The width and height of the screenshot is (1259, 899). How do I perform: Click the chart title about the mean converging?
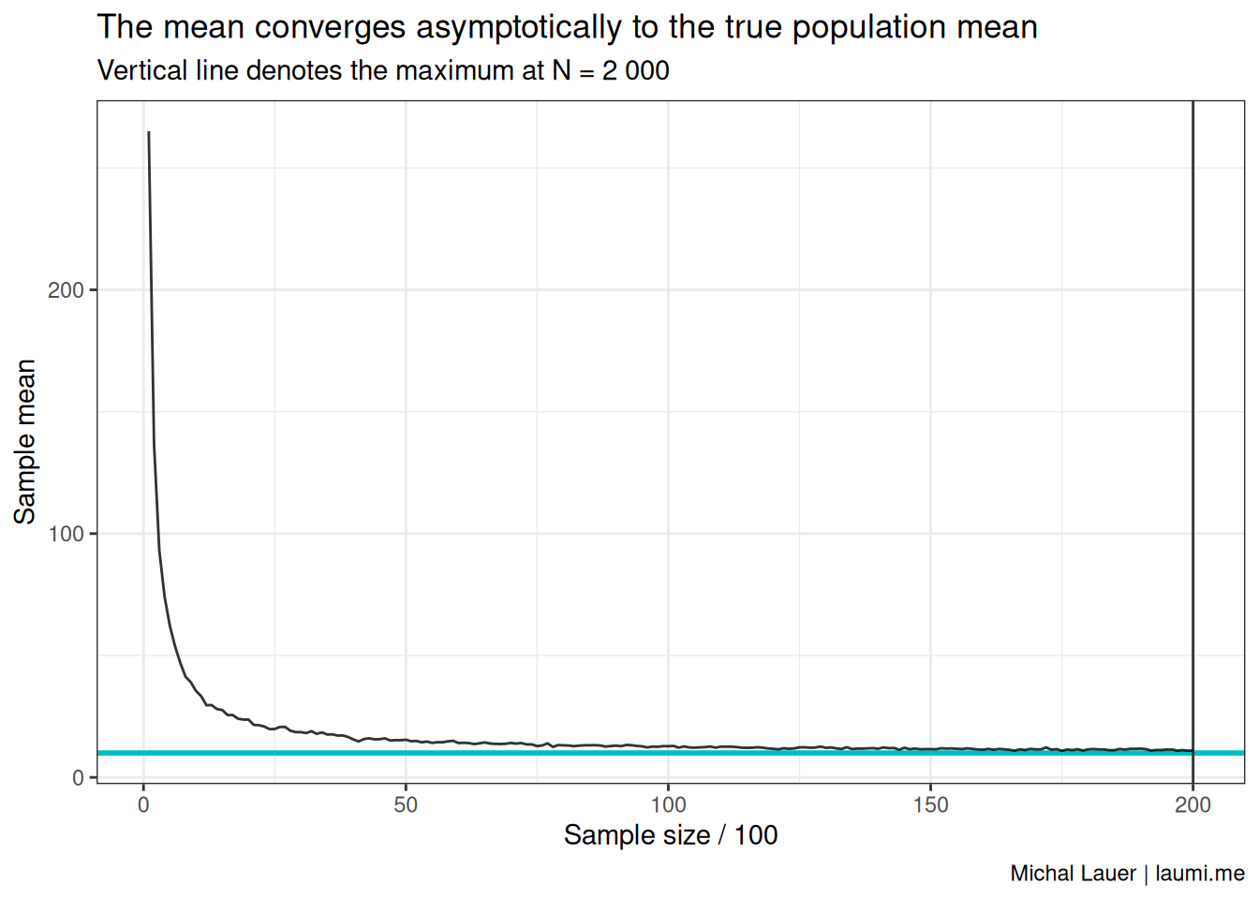point(567,27)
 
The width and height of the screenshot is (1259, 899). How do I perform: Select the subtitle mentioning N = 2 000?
point(383,71)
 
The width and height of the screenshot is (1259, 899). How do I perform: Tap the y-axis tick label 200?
point(66,290)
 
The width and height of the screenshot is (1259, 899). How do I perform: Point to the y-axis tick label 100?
point(66,534)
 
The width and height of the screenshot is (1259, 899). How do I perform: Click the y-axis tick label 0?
point(78,777)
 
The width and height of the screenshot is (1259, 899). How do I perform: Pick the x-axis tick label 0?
point(144,805)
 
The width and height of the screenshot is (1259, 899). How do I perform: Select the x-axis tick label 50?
point(406,805)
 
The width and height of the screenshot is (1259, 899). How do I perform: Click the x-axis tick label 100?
point(668,805)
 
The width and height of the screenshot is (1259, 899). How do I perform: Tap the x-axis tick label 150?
point(931,805)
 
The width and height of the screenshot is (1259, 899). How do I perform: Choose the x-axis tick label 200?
point(1192,805)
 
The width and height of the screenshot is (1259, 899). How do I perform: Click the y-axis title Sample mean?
point(25,442)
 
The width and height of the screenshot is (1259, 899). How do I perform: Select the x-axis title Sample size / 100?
point(671,835)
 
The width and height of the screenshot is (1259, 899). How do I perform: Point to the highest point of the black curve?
point(148,132)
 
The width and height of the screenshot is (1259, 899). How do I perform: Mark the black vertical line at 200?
point(1192,442)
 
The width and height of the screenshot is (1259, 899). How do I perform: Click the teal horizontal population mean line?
point(671,753)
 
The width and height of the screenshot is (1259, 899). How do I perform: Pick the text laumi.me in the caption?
point(1200,874)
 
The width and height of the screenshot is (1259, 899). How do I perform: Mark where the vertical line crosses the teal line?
point(1192,753)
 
